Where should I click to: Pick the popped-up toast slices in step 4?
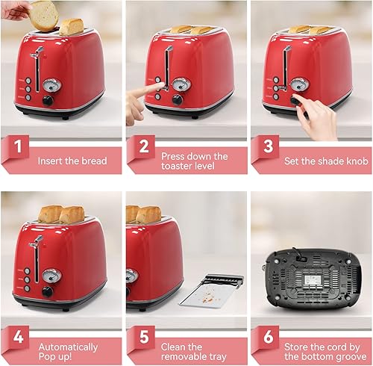click(x=60, y=214)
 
